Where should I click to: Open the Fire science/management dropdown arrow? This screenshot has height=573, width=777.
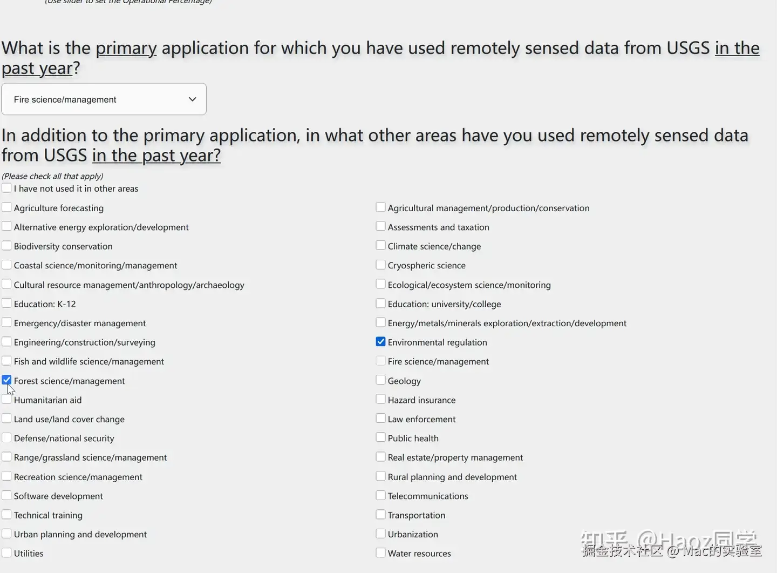[x=192, y=99]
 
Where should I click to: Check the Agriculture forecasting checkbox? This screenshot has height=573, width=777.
[x=6, y=207]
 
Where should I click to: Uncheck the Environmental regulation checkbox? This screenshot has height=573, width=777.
[x=380, y=342]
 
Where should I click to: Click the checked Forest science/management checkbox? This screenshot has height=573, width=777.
[x=6, y=380]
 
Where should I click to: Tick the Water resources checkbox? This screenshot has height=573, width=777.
[x=380, y=553]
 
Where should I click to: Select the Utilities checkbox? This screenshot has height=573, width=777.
[x=6, y=553]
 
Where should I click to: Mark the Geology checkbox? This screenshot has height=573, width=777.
[x=380, y=380]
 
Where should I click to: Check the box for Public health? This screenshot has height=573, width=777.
[x=380, y=437]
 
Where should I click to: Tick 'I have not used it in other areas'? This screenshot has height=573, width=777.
[x=6, y=188]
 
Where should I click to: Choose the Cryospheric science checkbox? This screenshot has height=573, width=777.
[x=380, y=265]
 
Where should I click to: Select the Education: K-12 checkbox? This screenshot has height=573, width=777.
[x=6, y=304]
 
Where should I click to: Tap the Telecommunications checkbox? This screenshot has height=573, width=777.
[x=380, y=495]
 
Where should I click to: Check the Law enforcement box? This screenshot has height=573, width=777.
[x=380, y=419]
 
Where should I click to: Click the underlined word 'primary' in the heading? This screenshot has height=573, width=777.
[x=126, y=48]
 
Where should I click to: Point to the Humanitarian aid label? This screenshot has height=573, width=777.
[x=47, y=400]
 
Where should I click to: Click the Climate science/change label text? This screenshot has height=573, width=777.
[x=434, y=246]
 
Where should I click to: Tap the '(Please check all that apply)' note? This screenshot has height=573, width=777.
[x=52, y=176]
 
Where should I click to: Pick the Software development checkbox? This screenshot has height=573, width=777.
[x=6, y=495]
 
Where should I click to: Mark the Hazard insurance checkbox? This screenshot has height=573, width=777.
[x=380, y=399]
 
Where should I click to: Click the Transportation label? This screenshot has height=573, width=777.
[x=416, y=515]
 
